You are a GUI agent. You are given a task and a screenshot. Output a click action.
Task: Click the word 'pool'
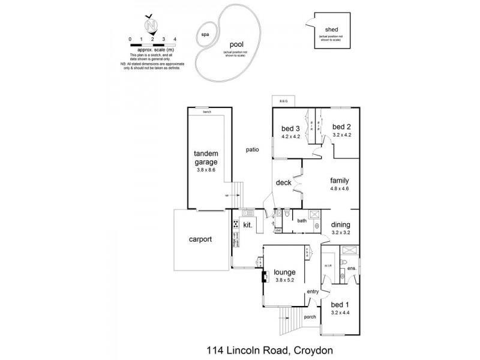[x=237, y=44]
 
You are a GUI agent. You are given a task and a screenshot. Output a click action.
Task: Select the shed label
[x=331, y=29]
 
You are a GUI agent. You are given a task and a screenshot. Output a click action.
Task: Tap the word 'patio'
[x=252, y=149]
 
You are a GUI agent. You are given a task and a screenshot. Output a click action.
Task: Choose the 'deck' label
[x=283, y=182]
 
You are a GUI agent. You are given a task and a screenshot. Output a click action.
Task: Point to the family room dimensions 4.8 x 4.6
[x=340, y=188]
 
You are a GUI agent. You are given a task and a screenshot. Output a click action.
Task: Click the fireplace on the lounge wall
[x=263, y=277]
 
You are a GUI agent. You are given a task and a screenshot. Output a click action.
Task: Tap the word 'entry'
[x=313, y=292]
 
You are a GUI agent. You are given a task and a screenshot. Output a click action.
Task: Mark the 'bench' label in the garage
[x=207, y=112]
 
